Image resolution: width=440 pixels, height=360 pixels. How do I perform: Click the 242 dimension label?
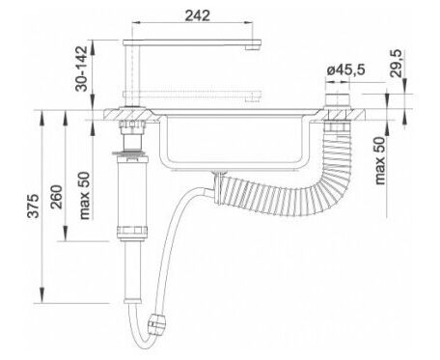[198, 15]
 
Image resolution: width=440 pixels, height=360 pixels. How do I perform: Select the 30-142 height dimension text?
[81, 69]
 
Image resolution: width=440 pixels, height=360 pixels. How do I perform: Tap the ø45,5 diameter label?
[345, 69]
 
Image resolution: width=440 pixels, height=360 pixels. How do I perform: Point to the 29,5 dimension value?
[396, 63]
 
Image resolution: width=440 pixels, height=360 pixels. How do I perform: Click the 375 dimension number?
[34, 206]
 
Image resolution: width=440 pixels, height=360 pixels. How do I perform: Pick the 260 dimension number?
[57, 197]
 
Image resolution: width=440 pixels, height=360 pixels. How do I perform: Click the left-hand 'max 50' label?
[84, 196]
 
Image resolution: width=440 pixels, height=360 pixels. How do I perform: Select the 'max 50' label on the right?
[380, 160]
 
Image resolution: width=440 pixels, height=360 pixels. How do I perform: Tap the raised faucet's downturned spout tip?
[253, 47]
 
